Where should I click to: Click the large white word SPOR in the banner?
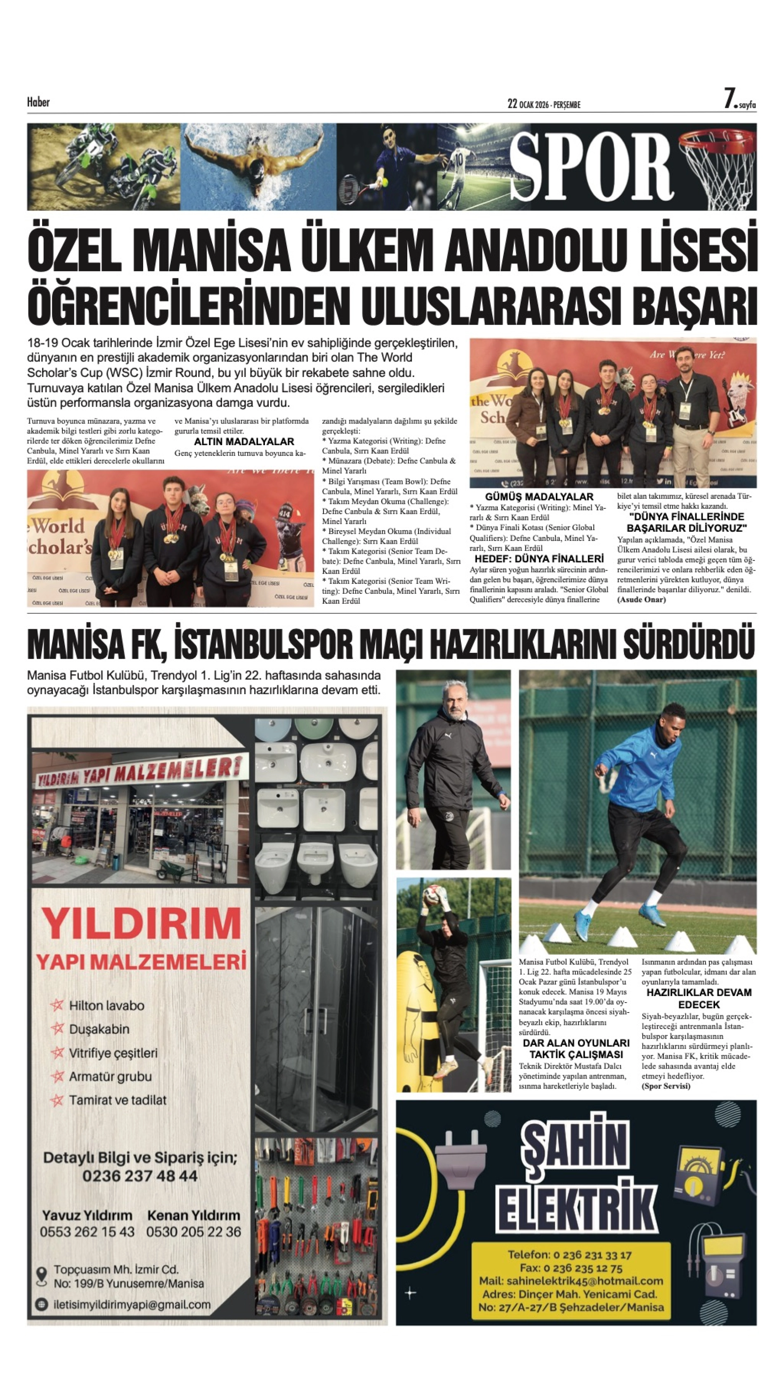(591, 167)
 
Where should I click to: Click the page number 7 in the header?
(729, 99)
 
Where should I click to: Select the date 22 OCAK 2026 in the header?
(528, 104)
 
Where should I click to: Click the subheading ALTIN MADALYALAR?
(244, 441)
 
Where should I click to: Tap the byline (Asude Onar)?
(641, 599)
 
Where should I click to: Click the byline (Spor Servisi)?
(666, 1086)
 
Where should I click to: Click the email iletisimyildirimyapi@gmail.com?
(132, 1304)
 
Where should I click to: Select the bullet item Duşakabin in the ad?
(99, 1029)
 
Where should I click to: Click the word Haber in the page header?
(38, 102)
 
